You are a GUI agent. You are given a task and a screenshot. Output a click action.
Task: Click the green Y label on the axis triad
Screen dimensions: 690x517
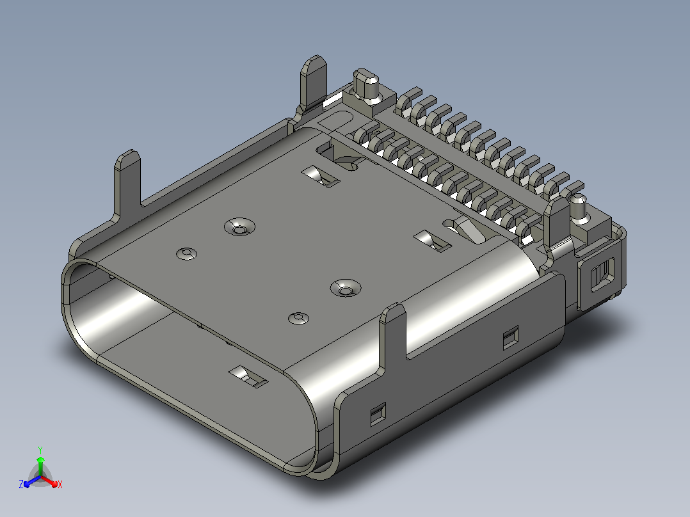pos(40,450)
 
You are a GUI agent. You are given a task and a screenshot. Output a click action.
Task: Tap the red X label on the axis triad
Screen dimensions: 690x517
pos(60,484)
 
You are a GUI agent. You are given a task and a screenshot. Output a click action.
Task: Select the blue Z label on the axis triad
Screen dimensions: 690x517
pos(21,484)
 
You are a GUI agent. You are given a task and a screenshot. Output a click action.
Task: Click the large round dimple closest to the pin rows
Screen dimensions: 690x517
pos(239,227)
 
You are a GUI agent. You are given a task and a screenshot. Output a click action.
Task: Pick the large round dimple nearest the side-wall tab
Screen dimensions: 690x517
pos(346,288)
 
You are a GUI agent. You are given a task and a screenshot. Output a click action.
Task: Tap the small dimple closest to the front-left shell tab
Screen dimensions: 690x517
pos(187,253)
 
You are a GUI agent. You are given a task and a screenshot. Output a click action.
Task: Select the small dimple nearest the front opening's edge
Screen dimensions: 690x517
pos(298,318)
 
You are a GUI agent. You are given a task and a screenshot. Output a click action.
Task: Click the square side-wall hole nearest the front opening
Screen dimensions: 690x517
pos(378,415)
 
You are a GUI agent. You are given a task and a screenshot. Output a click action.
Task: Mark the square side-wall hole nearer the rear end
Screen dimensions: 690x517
pos(511,338)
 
